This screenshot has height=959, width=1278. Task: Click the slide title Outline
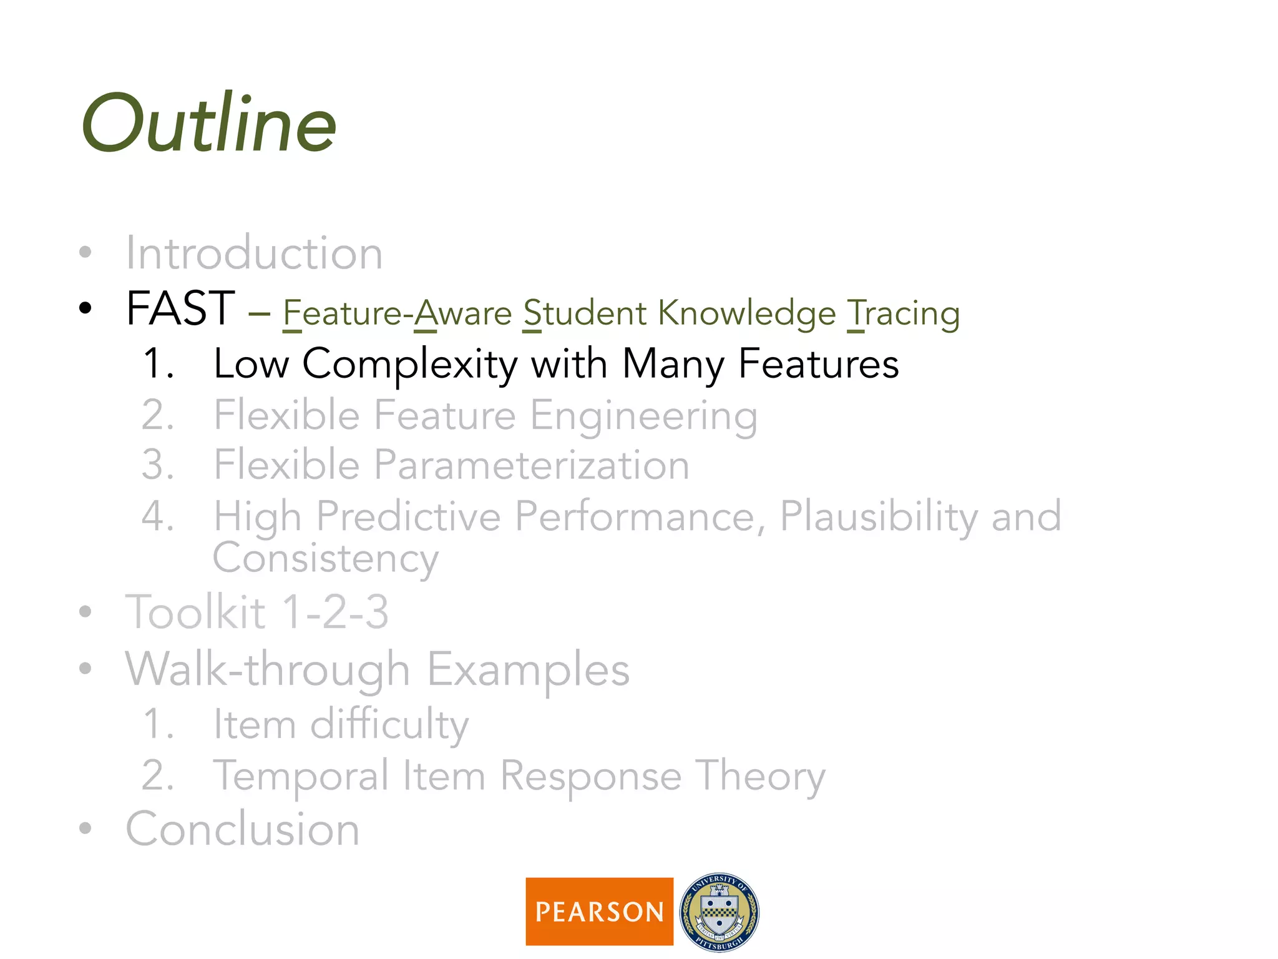pyautogui.click(x=209, y=124)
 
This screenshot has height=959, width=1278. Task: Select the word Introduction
pyautogui.click(x=254, y=253)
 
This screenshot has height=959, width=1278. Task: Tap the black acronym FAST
pyautogui.click(x=180, y=308)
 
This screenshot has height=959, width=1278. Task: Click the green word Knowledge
pyautogui.click(x=747, y=313)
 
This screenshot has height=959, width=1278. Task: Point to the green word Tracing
pyautogui.click(x=903, y=313)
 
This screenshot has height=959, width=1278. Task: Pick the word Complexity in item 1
pyautogui.click(x=410, y=365)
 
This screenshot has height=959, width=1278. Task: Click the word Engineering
pyautogui.click(x=643, y=416)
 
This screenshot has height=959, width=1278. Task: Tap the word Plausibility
pyautogui.click(x=879, y=518)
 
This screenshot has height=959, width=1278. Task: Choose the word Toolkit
pyautogui.click(x=195, y=612)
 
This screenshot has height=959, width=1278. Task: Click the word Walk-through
pyautogui.click(x=267, y=669)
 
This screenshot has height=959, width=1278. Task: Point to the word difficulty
pyautogui.click(x=389, y=725)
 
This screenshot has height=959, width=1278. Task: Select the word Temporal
pyautogui.click(x=301, y=777)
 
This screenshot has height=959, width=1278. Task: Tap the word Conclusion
pyautogui.click(x=243, y=830)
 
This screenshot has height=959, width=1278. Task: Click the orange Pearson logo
pyautogui.click(x=599, y=912)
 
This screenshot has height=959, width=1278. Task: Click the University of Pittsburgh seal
pyautogui.click(x=719, y=912)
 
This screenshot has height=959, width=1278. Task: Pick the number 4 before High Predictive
pyautogui.click(x=157, y=517)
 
